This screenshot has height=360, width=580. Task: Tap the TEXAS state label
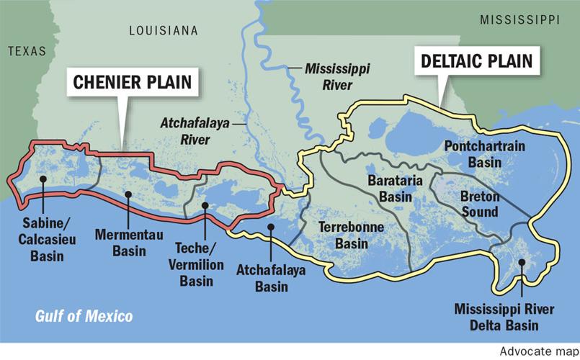click(x=27, y=51)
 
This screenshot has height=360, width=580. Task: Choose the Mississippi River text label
click(x=328, y=78)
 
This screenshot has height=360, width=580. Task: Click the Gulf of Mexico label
click(x=85, y=316)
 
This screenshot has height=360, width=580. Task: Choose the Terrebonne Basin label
click(x=352, y=236)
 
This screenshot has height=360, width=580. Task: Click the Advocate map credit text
click(x=536, y=352)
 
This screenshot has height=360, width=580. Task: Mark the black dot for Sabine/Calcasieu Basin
click(x=43, y=179)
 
